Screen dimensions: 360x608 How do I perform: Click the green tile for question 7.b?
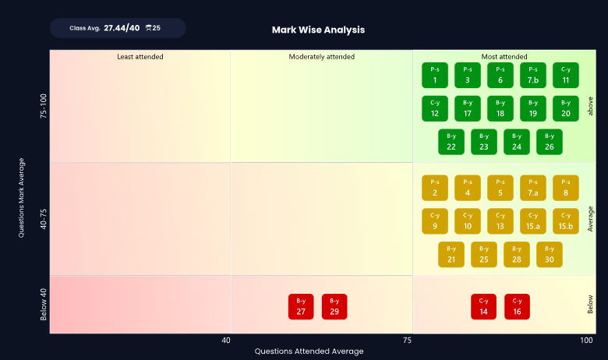(533, 75)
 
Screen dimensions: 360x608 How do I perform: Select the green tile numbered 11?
(566, 75)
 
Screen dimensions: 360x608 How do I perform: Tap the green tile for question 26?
(550, 142)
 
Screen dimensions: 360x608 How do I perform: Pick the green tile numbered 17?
(468, 108)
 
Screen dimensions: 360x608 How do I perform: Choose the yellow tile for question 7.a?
(533, 188)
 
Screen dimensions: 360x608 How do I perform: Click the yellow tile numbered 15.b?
(566, 221)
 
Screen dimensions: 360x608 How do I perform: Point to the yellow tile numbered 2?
(435, 188)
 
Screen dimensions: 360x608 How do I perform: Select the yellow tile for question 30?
(550, 255)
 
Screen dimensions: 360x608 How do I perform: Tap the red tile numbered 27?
(301, 306)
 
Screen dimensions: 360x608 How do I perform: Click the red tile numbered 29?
(334, 306)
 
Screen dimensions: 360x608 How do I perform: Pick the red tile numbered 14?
(483, 306)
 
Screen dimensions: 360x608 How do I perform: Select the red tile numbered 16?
(517, 306)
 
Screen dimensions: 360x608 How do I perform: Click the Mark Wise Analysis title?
(318, 30)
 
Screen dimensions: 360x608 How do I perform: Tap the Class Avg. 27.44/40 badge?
(118, 28)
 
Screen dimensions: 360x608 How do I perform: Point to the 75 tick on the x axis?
(407, 341)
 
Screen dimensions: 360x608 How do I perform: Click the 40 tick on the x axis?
(226, 341)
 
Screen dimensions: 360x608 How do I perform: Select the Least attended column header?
(140, 57)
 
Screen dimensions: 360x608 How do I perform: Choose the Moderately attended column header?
(321, 57)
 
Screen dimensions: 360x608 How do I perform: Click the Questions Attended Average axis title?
(309, 351)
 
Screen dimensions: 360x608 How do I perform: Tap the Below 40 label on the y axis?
(44, 304)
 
